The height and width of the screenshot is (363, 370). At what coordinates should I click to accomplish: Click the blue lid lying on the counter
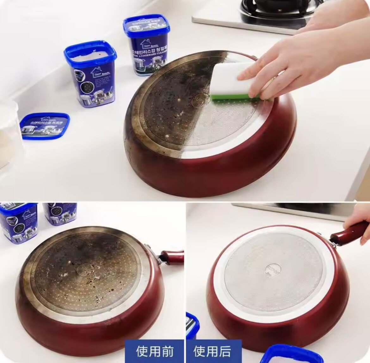[45, 125]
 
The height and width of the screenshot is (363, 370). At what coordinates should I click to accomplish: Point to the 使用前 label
[155, 351]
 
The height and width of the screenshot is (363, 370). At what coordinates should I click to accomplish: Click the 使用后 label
[212, 351]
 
